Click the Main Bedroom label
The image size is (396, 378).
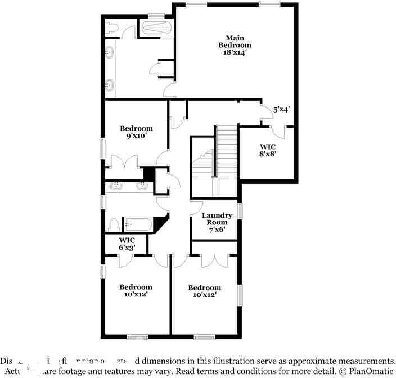coord(235,41)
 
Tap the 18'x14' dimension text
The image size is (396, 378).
coord(235,52)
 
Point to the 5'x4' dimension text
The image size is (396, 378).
coord(281,110)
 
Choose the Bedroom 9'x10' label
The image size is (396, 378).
coord(136,132)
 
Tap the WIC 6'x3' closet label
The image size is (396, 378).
coord(127,244)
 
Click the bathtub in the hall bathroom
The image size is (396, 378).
coord(138,224)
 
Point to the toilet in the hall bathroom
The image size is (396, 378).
coord(113,225)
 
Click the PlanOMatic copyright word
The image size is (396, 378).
coord(369,372)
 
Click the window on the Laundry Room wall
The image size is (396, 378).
coord(240,211)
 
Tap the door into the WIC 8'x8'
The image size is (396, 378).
coord(278,130)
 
